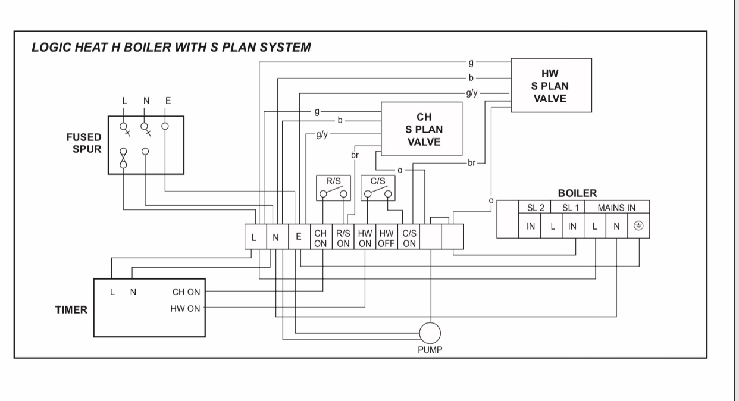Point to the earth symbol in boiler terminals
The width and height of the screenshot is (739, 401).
coord(638,226)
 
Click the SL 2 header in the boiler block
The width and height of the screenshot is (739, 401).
coord(535,208)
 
